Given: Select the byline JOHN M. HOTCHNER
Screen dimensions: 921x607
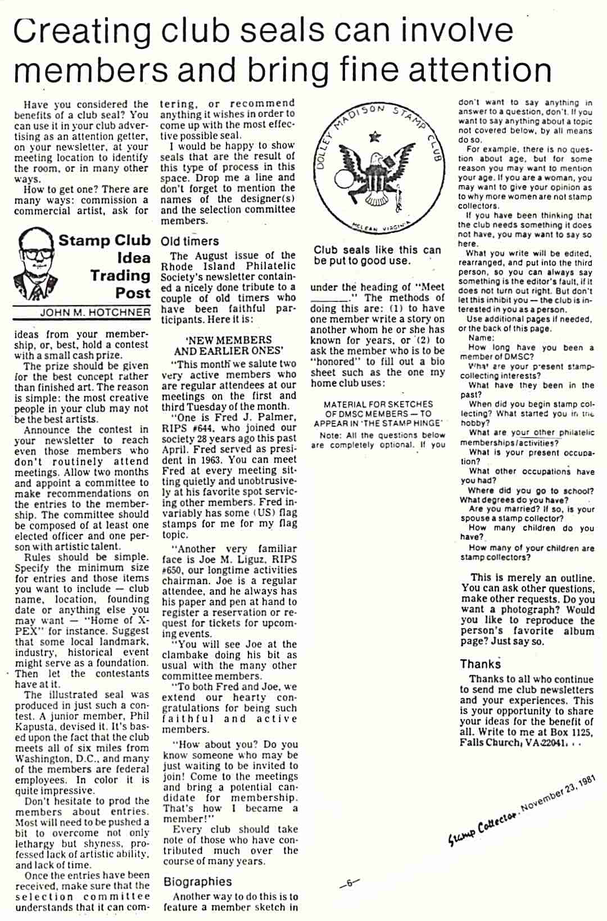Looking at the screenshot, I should click(x=95, y=313).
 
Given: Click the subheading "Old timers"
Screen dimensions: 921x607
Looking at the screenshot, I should click(x=190, y=241).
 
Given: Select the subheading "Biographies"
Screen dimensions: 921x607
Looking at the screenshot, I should click(x=197, y=882).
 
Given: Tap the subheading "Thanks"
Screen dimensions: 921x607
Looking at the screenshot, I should click(x=480, y=664).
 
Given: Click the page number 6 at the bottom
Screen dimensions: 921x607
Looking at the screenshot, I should click(x=349, y=883).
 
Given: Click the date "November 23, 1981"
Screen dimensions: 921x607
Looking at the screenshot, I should click(x=556, y=793).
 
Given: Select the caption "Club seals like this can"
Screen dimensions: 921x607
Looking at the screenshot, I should click(x=377, y=250).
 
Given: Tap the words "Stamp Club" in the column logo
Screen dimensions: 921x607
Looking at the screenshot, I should click(x=105, y=241).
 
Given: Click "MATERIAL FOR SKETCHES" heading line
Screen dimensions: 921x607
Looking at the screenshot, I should click(x=378, y=404).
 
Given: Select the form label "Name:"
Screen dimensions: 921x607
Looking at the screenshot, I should click(x=481, y=338).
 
